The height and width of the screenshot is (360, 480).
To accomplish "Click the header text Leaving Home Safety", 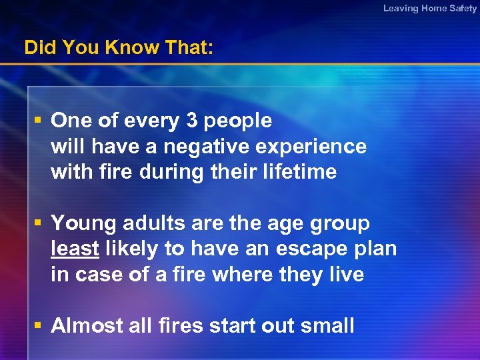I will (x=430, y=8).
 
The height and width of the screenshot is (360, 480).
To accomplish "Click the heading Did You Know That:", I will (x=119, y=48).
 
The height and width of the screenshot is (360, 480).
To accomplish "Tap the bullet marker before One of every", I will (x=39, y=121).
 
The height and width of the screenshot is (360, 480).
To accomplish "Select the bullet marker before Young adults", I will (x=39, y=223).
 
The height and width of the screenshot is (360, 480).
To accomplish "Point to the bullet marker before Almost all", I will (x=39, y=325).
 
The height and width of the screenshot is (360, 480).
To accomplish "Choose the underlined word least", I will (x=75, y=249).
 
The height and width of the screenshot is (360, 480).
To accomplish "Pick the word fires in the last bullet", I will (x=178, y=325).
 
